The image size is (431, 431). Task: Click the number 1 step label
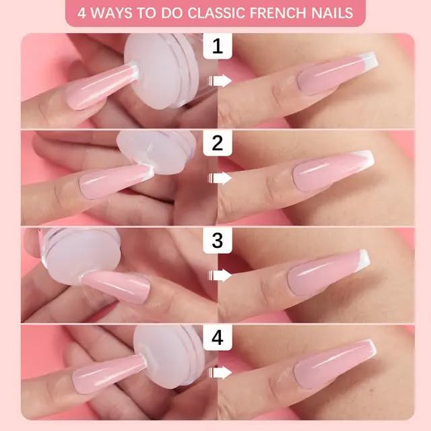point(217,46)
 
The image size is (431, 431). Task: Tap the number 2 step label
point(217,143)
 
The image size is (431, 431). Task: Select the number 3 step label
point(217,240)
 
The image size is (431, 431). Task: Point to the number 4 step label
point(217,337)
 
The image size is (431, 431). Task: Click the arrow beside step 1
point(220,81)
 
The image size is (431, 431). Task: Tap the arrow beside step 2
point(220,178)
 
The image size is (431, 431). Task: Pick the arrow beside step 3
point(220,275)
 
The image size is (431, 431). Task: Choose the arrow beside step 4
point(220,372)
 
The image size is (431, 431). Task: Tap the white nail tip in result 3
point(362,259)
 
